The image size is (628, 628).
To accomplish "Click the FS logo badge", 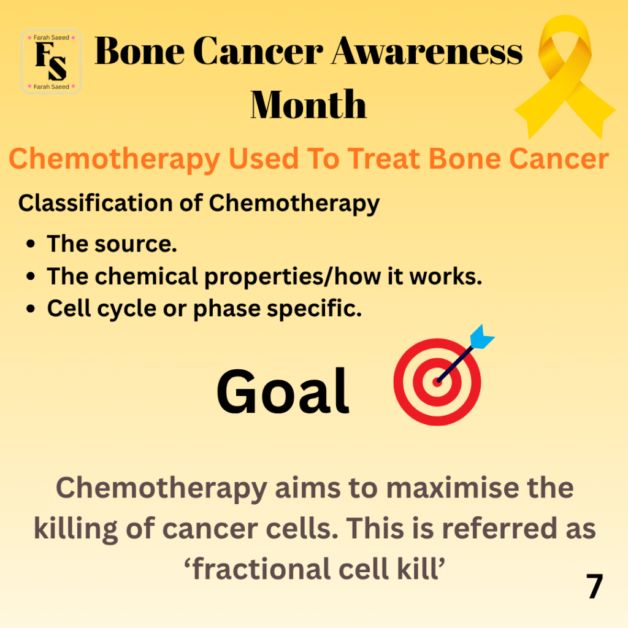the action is pyautogui.click(x=52, y=62).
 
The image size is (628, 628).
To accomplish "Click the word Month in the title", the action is pyautogui.click(x=308, y=104).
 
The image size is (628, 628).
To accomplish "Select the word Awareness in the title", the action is pyautogui.click(x=427, y=52).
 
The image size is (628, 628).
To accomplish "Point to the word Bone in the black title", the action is pyautogui.click(x=139, y=52).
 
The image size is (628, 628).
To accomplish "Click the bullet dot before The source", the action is pyautogui.click(x=31, y=244).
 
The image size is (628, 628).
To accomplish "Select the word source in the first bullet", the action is pyautogui.click(x=136, y=244).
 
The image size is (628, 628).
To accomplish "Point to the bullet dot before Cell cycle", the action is pyautogui.click(x=31, y=309).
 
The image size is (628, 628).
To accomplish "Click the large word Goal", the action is pyautogui.click(x=283, y=391).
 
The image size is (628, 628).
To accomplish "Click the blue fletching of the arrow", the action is pyautogui.click(x=482, y=337).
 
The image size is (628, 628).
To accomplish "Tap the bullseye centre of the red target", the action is pyautogui.click(x=437, y=382).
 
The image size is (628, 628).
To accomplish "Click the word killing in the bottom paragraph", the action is pyautogui.click(x=75, y=529).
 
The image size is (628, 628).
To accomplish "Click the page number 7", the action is pyautogui.click(x=595, y=586).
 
